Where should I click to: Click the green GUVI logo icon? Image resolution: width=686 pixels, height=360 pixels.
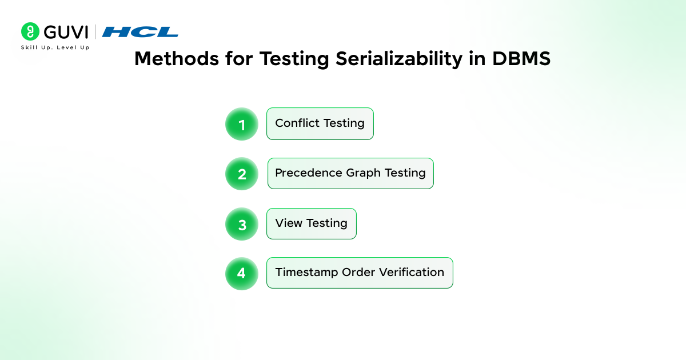(30, 31)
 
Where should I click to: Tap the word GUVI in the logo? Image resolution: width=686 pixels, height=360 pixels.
(66, 32)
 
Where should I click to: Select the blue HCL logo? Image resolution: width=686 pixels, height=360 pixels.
(140, 32)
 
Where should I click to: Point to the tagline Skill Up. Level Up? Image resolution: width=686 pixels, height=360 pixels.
(55, 47)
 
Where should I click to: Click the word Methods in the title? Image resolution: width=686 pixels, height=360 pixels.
(177, 58)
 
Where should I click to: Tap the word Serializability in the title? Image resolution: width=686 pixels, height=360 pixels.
(399, 59)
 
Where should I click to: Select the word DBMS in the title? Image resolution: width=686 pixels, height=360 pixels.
(521, 58)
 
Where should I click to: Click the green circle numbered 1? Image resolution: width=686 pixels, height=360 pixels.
(242, 124)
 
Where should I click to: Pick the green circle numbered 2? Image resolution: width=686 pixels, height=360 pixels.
(242, 174)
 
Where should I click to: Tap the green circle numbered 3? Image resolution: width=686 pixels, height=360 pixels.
(242, 224)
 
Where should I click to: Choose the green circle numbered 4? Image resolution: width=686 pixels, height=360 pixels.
(242, 273)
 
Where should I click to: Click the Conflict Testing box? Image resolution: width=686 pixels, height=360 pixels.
(320, 123)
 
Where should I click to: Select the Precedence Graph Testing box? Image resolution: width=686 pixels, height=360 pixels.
(350, 173)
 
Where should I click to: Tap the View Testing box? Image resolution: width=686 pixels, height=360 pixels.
(312, 223)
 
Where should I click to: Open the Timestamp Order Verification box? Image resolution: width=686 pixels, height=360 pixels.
(360, 273)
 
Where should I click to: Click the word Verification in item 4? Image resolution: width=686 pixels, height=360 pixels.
(412, 272)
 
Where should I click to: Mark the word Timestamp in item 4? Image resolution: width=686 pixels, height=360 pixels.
(306, 273)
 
